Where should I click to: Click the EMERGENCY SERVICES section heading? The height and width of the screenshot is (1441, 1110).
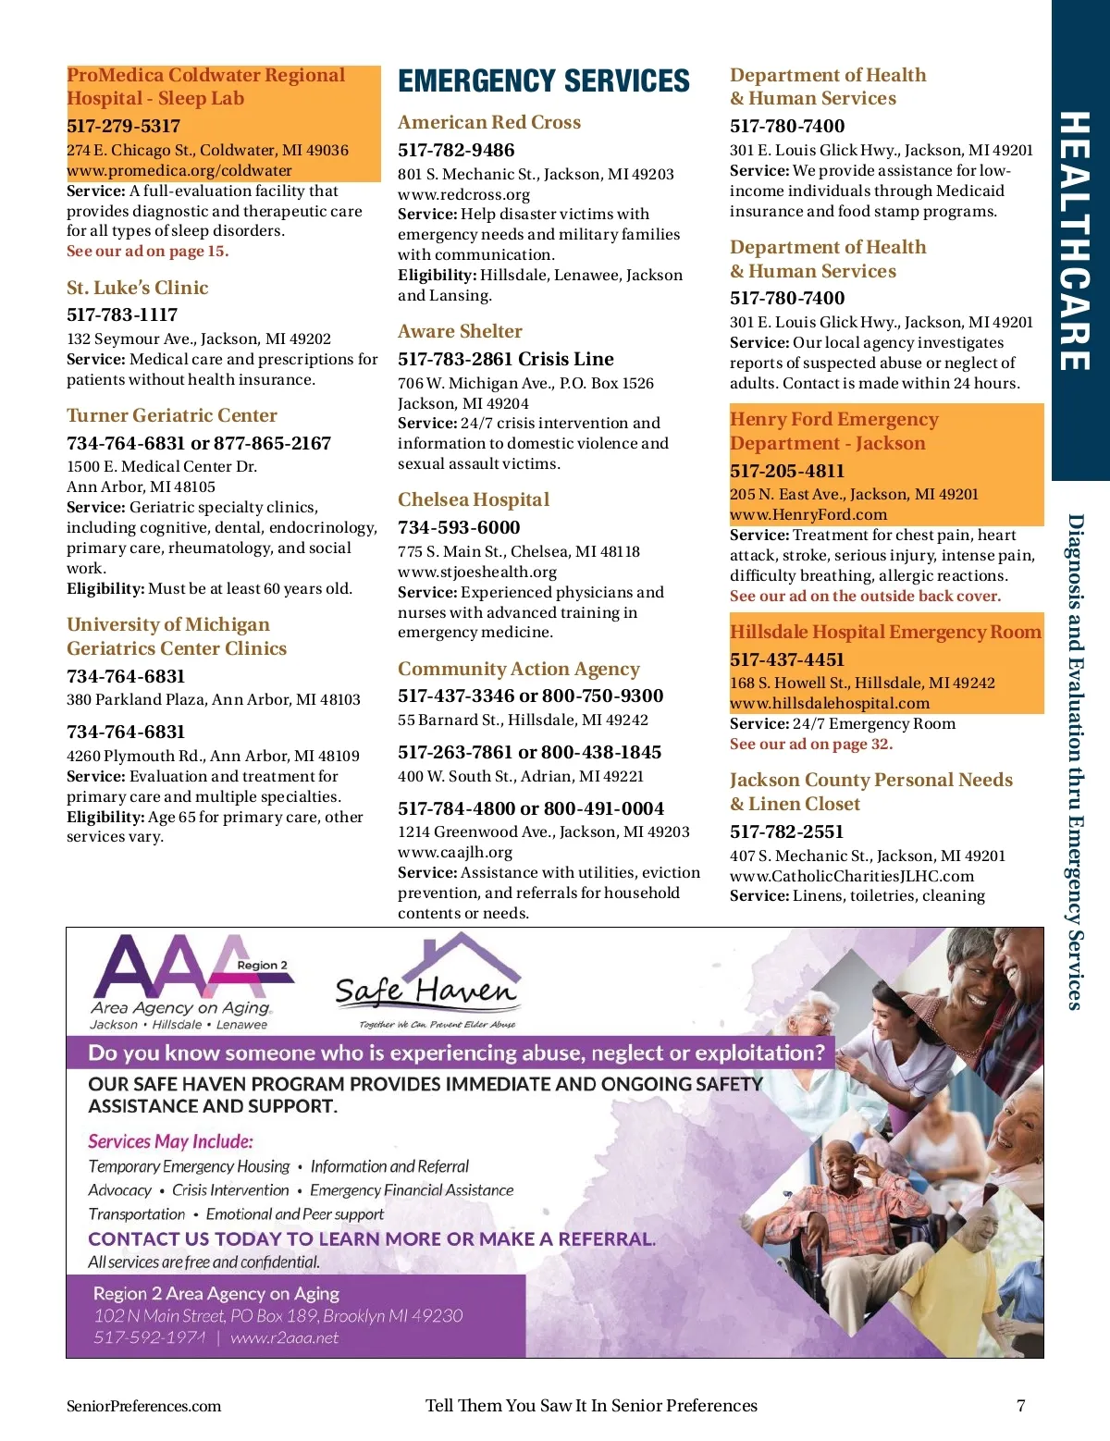(544, 81)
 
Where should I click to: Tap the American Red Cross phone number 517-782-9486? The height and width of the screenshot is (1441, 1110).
(456, 150)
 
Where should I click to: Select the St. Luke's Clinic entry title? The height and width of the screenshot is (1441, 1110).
(138, 288)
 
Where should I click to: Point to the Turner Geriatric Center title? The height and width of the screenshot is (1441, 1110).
(172, 415)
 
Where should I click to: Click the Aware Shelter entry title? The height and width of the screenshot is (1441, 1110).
(460, 331)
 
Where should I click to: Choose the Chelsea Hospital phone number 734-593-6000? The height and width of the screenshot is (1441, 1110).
(459, 527)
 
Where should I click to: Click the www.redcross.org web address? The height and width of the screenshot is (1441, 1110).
(463, 194)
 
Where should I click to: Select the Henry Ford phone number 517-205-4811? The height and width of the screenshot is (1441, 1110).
(787, 471)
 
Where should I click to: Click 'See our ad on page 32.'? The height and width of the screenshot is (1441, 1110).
(811, 744)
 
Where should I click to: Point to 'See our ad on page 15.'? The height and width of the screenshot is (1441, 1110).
(147, 251)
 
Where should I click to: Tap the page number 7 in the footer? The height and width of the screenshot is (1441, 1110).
(1021, 1406)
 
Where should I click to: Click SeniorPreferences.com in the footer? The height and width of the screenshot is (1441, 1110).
(144, 1406)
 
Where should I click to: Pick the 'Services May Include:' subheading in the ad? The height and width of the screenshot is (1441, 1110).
(170, 1141)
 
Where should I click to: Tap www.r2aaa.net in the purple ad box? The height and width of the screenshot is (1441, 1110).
(284, 1337)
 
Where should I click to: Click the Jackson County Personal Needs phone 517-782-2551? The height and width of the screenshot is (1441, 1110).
(786, 831)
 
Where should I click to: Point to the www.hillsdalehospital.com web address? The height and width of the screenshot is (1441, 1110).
(830, 703)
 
